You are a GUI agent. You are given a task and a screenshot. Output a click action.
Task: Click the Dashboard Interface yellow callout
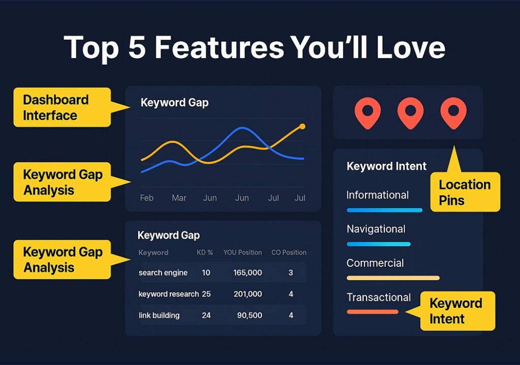click(x=62, y=107)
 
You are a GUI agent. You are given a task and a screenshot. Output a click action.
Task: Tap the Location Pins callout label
click(x=465, y=192)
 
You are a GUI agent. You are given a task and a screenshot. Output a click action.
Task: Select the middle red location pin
click(x=410, y=113)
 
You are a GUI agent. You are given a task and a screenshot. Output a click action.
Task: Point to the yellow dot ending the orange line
click(x=302, y=126)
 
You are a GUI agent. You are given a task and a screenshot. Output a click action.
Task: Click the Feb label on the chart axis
click(x=147, y=198)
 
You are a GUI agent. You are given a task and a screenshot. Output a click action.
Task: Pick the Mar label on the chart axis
click(x=179, y=198)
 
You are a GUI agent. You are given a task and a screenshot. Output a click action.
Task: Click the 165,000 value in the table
click(x=247, y=272)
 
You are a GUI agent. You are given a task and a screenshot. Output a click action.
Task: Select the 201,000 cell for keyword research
click(x=248, y=294)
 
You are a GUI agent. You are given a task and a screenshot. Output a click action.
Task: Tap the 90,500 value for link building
click(x=249, y=315)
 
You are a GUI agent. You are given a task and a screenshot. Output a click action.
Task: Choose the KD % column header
click(x=205, y=253)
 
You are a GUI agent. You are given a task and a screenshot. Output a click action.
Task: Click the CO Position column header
click(x=289, y=253)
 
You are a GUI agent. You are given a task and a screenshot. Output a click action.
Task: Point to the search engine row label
click(x=163, y=272)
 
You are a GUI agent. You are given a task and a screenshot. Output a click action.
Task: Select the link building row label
click(x=159, y=315)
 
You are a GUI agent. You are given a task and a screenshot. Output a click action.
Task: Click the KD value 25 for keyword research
click(x=206, y=294)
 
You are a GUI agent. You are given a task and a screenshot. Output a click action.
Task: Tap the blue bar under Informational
click(x=385, y=210)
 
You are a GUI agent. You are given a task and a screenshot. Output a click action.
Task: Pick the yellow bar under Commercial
click(x=393, y=278)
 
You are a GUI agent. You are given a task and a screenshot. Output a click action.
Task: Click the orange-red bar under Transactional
click(x=372, y=312)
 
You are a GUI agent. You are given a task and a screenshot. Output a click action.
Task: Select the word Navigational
click(x=376, y=229)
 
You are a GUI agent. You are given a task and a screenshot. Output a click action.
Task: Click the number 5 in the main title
click(x=137, y=47)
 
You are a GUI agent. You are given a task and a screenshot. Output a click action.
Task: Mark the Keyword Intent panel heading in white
click(x=386, y=166)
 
